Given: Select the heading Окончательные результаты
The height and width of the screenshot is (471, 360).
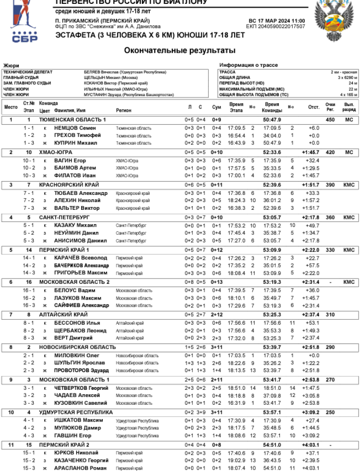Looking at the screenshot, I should pyautogui.click(x=180, y=50).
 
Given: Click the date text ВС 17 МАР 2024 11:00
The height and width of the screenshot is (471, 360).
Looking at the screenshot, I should pyautogui.click(x=276, y=21).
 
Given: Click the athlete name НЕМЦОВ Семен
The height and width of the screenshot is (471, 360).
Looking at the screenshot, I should pyautogui.click(x=75, y=128).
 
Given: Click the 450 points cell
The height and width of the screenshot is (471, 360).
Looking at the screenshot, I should pyautogui.click(x=330, y=120).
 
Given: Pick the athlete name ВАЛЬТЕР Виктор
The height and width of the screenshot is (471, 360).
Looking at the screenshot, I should pyautogui.click(x=77, y=208).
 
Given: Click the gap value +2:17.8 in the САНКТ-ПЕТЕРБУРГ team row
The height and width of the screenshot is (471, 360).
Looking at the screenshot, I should pyautogui.click(x=311, y=217).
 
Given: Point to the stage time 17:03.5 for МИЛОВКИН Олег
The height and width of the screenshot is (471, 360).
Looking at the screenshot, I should pyautogui.click(x=236, y=356).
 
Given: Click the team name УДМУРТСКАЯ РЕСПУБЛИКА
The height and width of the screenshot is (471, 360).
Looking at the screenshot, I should pyautogui.click(x=76, y=412).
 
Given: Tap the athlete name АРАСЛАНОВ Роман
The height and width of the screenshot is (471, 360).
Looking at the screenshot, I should pyautogui.click(x=80, y=468).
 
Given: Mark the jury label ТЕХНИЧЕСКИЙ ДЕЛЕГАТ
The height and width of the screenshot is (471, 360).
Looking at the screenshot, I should pyautogui.click(x=28, y=72).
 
